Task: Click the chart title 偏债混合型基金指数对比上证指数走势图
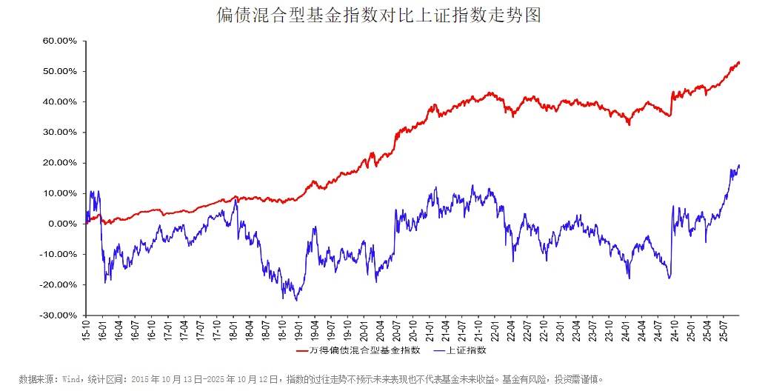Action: tap(378, 16)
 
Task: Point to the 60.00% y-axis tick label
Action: tap(59, 41)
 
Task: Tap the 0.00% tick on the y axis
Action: tap(61, 224)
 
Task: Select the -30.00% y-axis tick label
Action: tap(58, 315)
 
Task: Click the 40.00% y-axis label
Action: tap(59, 101)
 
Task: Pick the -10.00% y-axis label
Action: tap(58, 254)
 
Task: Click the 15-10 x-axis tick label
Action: tap(86, 330)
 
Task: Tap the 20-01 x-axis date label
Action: tap(364, 330)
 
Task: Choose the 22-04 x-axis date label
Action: tap(510, 330)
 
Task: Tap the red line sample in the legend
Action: tap(302, 350)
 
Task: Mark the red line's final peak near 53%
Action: tap(738, 62)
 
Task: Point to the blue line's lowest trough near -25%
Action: tap(296, 300)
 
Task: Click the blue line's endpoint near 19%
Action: tap(739, 165)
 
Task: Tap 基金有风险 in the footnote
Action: tap(523, 379)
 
